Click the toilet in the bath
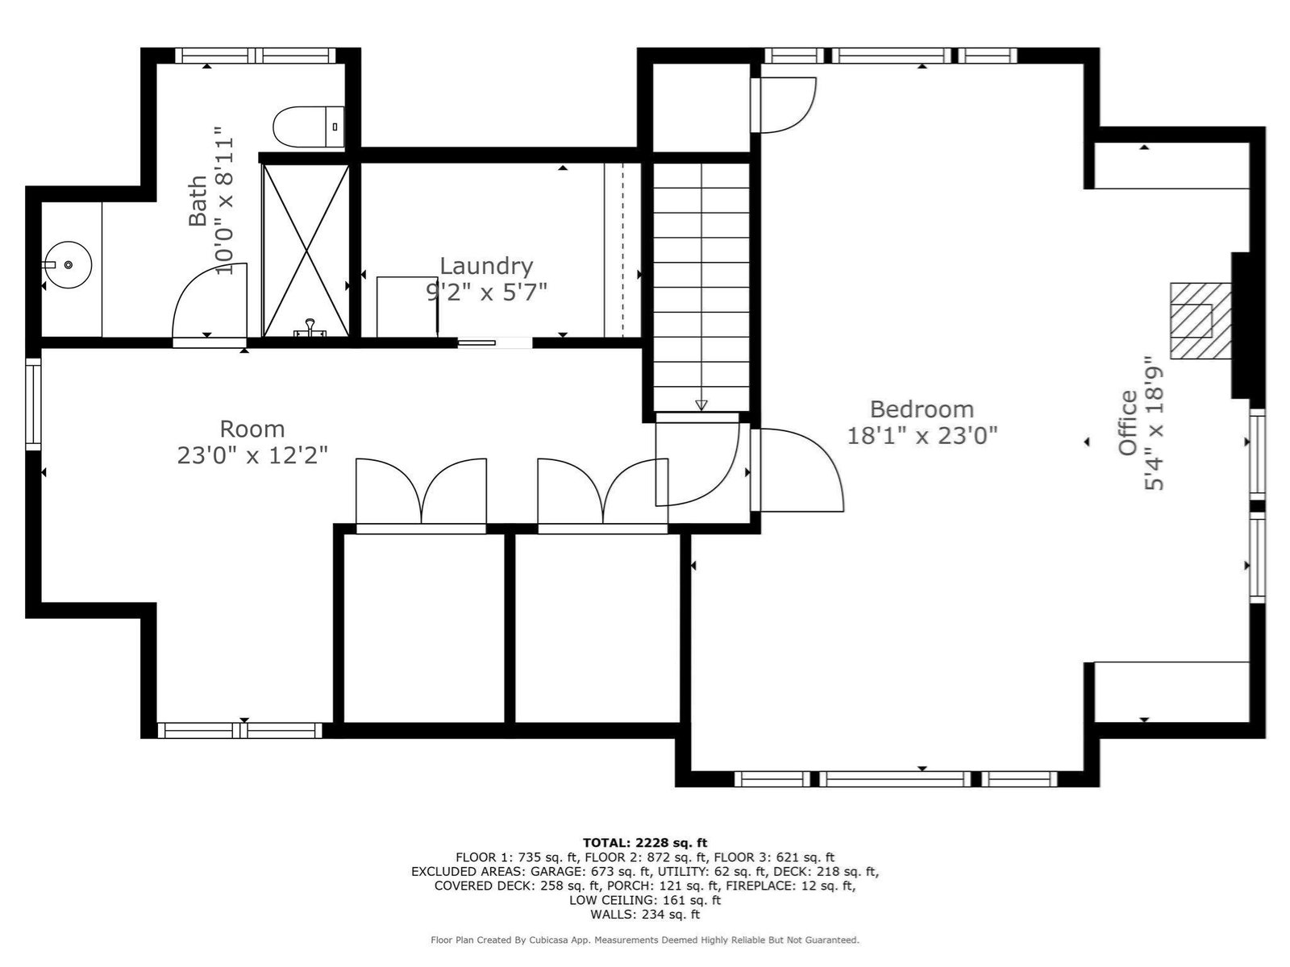pyautogui.click(x=309, y=127)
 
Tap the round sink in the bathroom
pyautogui.click(x=69, y=265)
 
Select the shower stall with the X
pyautogui.click(x=306, y=251)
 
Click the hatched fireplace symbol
pyautogui.click(x=1200, y=321)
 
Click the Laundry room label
pyautogui.click(x=487, y=267)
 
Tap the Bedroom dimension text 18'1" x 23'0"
pyautogui.click(x=922, y=436)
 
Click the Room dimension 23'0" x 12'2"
pyautogui.click(x=252, y=455)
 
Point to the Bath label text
pyautogui.click(x=198, y=201)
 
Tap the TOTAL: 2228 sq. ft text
pyautogui.click(x=645, y=843)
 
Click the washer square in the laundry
pyautogui.click(x=407, y=306)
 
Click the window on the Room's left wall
pyautogui.click(x=34, y=405)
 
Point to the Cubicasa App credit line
pyautogui.click(x=645, y=940)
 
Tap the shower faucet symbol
pyautogui.click(x=310, y=329)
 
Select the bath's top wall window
pyautogui.click(x=256, y=56)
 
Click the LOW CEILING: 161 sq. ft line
pyautogui.click(x=645, y=900)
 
